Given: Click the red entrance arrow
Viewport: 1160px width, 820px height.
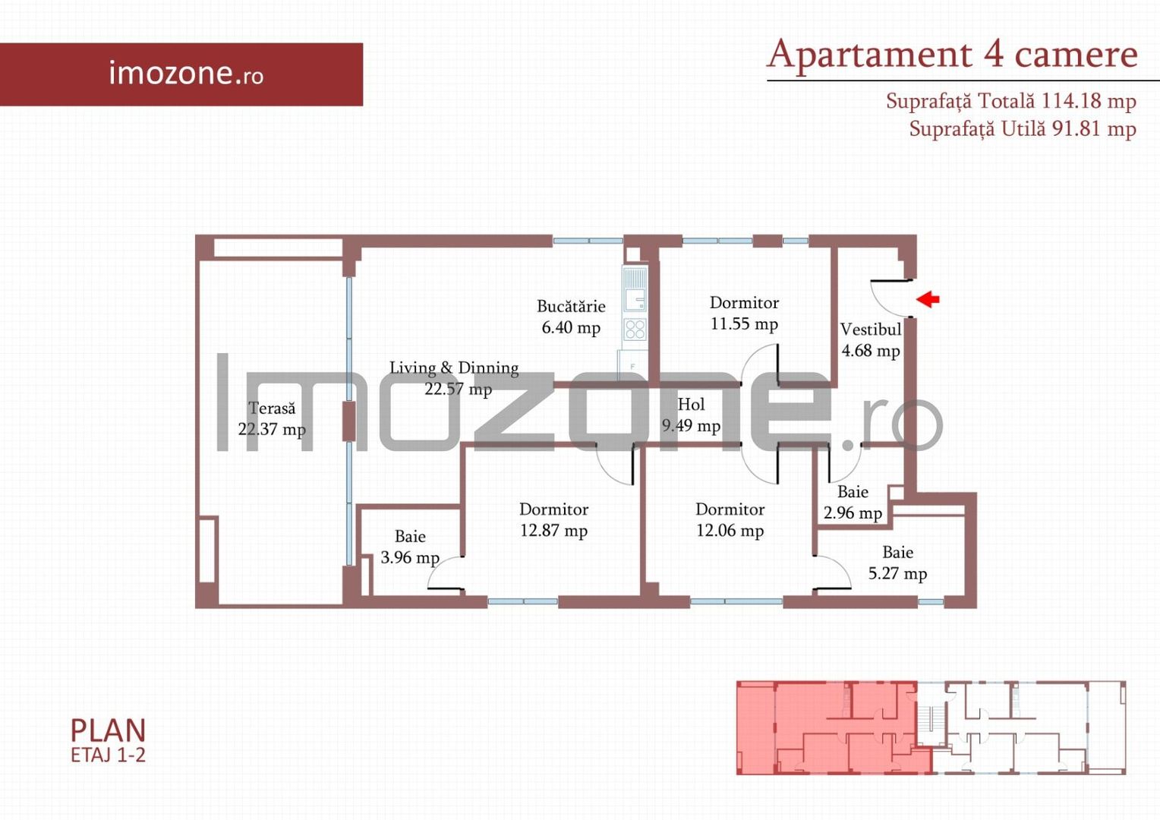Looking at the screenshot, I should (928, 299).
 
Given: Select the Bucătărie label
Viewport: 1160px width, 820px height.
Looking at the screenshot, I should (571, 307).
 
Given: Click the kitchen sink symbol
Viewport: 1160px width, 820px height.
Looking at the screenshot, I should (635, 289).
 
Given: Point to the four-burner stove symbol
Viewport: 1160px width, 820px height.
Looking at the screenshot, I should (635, 330).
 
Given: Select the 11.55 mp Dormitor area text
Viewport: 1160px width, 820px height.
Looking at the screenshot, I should (744, 324).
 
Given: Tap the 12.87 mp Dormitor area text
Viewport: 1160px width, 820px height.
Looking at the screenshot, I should (553, 531).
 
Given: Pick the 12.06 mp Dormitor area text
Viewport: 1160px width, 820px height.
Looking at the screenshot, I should (730, 531).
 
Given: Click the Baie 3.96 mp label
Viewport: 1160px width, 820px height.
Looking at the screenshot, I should (410, 547).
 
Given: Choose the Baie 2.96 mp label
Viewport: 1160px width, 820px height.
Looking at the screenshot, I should (853, 503).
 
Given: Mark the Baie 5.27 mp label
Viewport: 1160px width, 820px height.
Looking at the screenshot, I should (897, 563).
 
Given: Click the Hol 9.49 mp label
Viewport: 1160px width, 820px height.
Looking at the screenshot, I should (691, 415).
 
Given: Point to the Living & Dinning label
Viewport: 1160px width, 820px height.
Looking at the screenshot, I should (454, 368).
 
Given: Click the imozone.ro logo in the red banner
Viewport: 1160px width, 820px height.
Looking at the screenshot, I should (186, 74).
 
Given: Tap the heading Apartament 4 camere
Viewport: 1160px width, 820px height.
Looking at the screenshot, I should (953, 55).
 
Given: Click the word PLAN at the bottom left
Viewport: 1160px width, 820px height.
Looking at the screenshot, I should (108, 730).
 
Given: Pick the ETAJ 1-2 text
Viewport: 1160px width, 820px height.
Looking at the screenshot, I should (108, 755).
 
